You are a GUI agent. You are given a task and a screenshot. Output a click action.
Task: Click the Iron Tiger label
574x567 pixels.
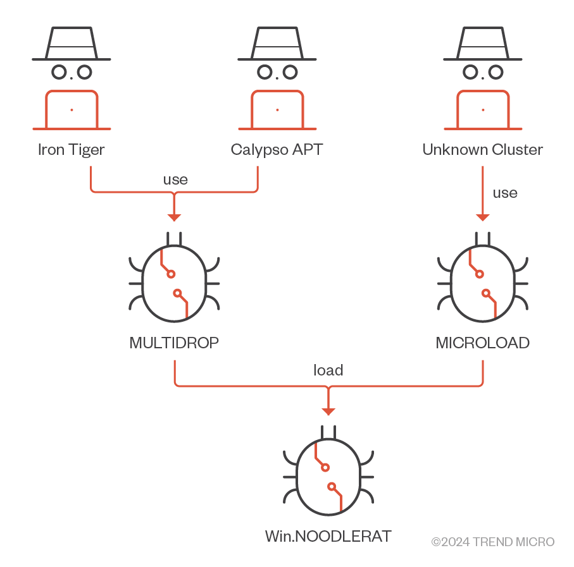click(71, 150)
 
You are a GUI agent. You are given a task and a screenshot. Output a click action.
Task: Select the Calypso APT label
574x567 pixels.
click(277, 150)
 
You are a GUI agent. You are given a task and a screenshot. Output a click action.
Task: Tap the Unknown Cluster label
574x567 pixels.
click(482, 150)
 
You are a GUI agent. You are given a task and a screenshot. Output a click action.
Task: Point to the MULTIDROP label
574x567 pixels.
click(174, 343)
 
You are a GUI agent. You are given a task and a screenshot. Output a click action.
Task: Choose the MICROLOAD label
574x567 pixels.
click(482, 343)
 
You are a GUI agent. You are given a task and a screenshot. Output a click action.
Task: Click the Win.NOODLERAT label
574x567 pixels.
click(328, 537)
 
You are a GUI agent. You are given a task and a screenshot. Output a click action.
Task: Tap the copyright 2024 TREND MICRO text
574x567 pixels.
click(492, 542)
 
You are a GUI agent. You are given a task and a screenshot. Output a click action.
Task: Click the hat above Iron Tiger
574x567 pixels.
click(72, 44)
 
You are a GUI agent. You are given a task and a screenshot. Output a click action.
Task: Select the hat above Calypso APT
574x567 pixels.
click(277, 44)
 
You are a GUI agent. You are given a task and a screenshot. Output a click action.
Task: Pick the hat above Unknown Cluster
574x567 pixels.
click(483, 44)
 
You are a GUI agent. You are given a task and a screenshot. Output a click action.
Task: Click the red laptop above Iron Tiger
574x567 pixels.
click(72, 110)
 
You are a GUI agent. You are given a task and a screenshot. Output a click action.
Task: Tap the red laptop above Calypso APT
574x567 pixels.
click(277, 110)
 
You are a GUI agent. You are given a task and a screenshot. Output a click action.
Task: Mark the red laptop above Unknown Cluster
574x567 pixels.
click(483, 110)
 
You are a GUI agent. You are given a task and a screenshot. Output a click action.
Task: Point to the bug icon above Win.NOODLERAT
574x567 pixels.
click(328, 473)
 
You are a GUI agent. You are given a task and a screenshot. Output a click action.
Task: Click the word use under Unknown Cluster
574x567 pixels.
click(504, 193)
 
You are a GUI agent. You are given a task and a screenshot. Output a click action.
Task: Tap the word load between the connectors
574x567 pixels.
click(328, 370)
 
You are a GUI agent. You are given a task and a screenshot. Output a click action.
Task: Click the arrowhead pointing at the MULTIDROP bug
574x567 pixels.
click(174, 217)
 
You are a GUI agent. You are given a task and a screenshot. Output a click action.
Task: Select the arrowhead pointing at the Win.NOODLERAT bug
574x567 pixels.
click(328, 412)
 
